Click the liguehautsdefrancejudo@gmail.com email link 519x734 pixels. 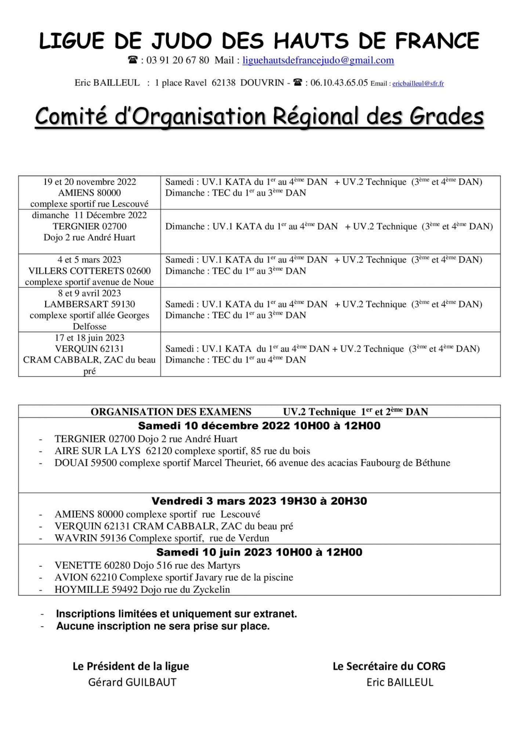coord(318,60)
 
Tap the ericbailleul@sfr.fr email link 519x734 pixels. coord(418,84)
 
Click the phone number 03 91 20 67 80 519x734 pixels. coord(178,60)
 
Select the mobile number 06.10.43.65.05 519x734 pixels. coord(339,83)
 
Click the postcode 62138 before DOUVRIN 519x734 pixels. coord(224,83)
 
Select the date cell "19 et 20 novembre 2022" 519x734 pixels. coord(90,182)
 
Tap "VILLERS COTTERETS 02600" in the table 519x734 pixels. coord(90,271)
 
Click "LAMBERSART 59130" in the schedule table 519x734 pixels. coord(90,304)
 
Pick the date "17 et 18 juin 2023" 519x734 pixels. coord(90,338)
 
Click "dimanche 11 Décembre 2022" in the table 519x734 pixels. coord(90,215)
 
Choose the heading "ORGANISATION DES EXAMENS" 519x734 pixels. coord(171,412)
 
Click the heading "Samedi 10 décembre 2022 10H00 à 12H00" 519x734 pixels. coord(259,426)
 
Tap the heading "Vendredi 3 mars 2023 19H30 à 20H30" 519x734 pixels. coord(259,501)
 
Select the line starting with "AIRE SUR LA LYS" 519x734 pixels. coord(182,451)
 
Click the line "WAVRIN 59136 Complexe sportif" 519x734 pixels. coord(161,538)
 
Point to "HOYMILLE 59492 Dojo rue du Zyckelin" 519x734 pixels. coord(142,590)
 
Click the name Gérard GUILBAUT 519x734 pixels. coord(132,682)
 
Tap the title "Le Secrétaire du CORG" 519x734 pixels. coord(389,666)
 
